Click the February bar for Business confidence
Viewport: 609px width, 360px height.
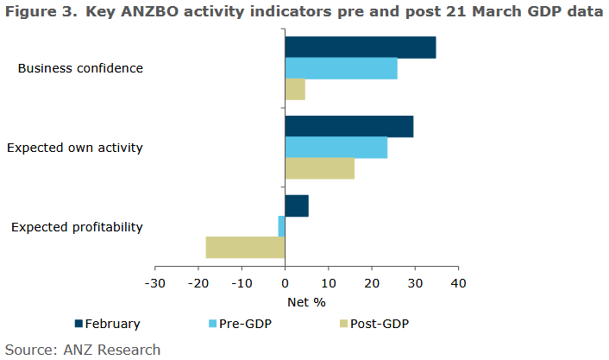(361, 47)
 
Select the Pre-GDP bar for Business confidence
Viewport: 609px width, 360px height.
(341, 68)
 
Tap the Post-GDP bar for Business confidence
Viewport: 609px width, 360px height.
(295, 89)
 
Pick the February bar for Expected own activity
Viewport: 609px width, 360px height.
(349, 126)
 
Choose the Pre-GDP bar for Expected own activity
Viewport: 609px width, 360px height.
(336, 148)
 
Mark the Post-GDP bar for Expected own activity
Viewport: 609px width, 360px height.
(319, 168)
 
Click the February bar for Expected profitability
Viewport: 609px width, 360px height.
(297, 205)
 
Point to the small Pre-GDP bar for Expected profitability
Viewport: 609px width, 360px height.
(281, 226)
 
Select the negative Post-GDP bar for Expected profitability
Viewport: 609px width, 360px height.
(245, 247)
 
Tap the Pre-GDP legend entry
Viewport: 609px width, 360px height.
(245, 324)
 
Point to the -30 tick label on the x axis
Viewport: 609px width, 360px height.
(155, 283)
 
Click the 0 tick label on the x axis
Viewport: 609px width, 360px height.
(285, 283)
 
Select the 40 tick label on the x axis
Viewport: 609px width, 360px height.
(458, 283)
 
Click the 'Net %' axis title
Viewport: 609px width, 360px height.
(306, 302)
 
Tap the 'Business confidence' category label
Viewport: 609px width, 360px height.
(80, 68)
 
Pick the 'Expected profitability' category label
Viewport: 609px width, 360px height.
(77, 227)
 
